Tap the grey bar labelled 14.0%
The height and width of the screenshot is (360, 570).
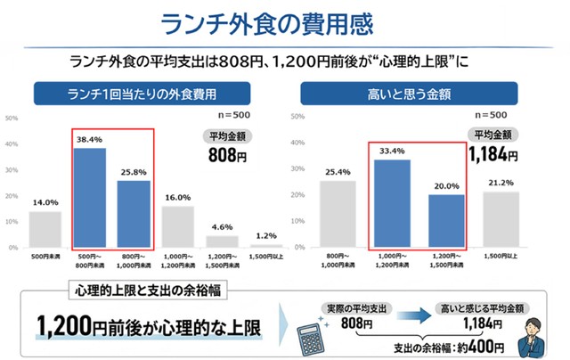pyautogui.click(x=45, y=229)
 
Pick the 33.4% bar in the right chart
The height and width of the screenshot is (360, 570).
pyautogui.click(x=392, y=203)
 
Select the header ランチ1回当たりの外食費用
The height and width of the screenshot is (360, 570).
pyautogui.click(x=142, y=93)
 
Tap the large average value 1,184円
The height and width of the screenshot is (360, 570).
pyautogui.click(x=493, y=155)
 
